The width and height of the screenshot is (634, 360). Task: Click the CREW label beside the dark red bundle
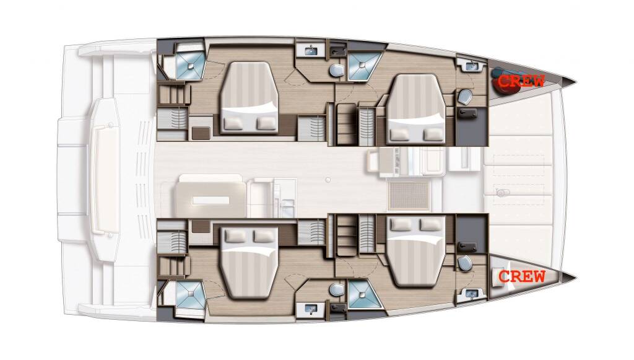[521, 81]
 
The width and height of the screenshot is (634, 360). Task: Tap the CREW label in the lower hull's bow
[522, 277]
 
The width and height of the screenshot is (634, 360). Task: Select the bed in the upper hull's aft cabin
[249, 98]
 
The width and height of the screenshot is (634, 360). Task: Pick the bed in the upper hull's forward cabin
[415, 109]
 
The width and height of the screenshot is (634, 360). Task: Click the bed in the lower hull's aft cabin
[249, 262]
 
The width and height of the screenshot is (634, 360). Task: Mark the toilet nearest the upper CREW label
[465, 96]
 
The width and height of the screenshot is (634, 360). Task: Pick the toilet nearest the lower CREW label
[465, 263]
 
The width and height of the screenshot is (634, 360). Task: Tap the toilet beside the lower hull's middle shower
[336, 289]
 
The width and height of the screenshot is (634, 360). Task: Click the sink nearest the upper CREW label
[471, 64]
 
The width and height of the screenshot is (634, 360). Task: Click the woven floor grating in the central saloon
[409, 195]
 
